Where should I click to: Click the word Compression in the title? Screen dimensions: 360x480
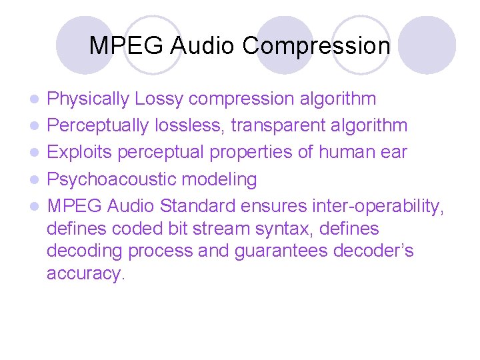tap(316, 46)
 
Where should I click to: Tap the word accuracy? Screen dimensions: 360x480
tap(85, 274)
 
